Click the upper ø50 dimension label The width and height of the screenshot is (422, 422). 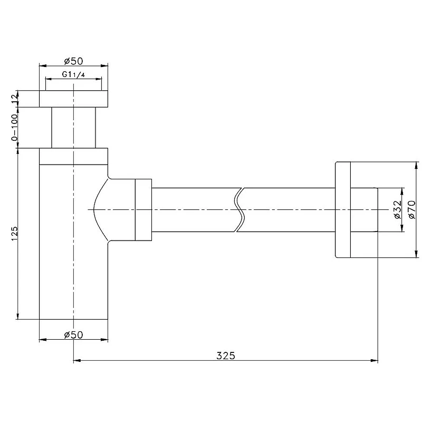pos(73,61)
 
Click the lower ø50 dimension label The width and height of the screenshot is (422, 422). pos(73,335)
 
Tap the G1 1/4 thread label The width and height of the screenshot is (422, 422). pos(73,74)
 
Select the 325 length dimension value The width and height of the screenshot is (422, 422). pos(226,356)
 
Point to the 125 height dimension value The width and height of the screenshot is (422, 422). pos(15,234)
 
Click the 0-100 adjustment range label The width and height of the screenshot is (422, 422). pos(15,127)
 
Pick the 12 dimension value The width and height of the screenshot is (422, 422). pos(15,99)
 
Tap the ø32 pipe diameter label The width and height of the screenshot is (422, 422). pos(397,209)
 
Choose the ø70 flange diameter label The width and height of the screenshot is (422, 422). pos(412,209)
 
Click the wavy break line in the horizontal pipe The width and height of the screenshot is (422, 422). pos(239,209)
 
